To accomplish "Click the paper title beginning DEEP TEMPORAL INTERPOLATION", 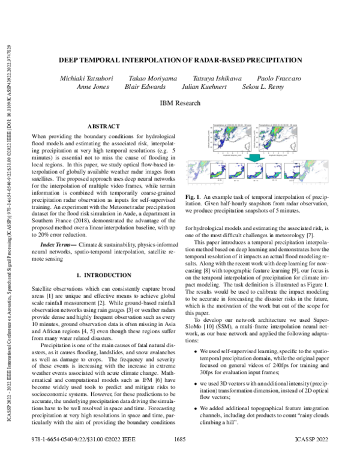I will [180, 60].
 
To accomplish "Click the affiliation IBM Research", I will [180, 103].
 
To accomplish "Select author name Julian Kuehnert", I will [203, 87].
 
